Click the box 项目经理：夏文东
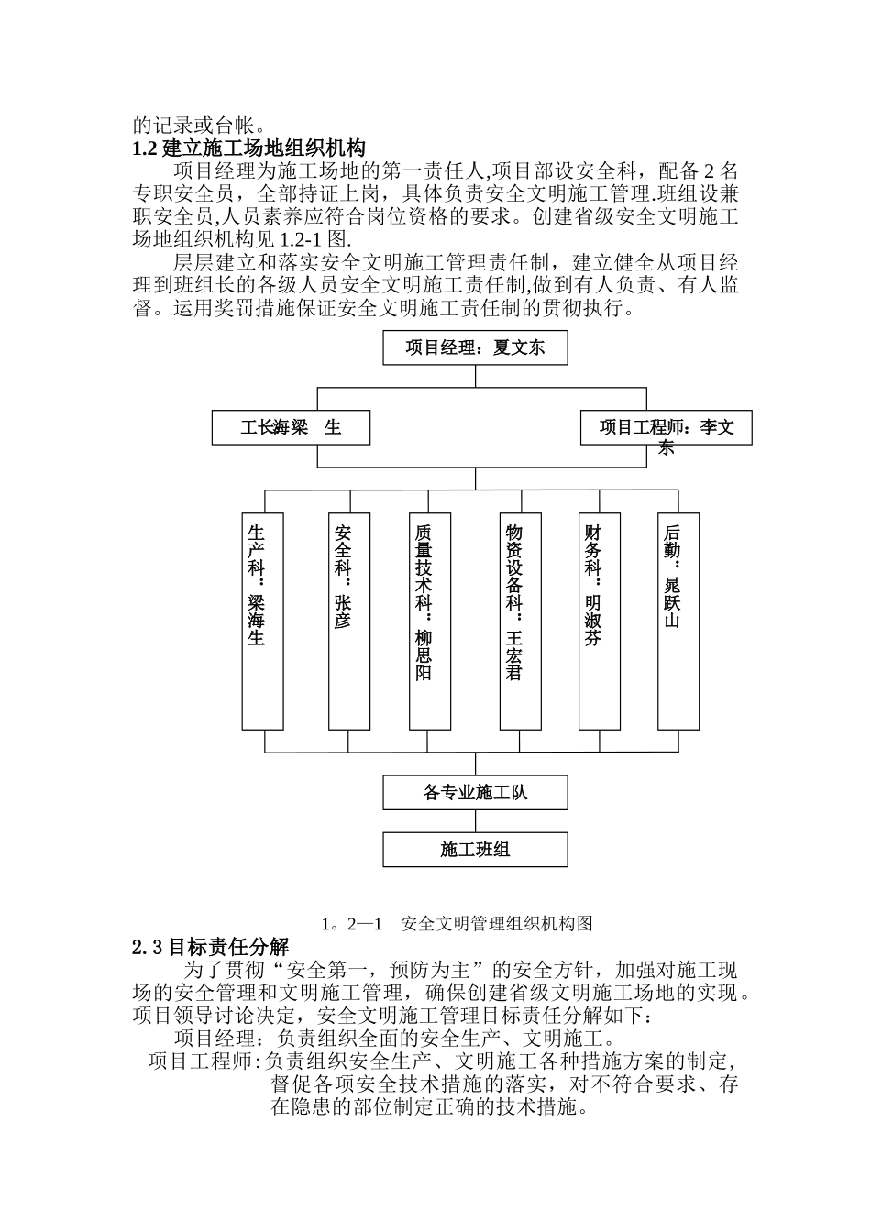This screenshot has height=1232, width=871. (475, 348)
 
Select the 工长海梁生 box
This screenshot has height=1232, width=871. (291, 428)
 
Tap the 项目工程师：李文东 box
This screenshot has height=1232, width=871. (667, 428)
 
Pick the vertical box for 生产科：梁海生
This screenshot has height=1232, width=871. (262, 621)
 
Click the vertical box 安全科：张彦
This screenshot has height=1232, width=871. (349, 621)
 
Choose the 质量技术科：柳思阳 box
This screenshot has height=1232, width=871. (430, 621)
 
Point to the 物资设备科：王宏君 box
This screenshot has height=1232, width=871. (520, 621)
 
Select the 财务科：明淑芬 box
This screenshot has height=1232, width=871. (600, 621)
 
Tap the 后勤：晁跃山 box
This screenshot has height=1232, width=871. (679, 621)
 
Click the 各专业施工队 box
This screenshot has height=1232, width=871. (475, 793)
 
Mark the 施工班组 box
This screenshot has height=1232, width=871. (475, 850)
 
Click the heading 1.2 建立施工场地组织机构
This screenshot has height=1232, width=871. (249, 148)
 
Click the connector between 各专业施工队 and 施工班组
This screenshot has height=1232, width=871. (475, 820)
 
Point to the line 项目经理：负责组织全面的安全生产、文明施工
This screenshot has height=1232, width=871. (392, 1039)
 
